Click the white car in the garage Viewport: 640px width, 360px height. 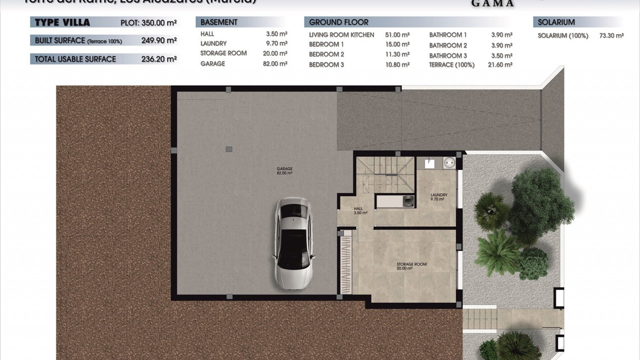tap(294, 244)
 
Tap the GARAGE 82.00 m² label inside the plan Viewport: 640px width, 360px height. tap(284, 171)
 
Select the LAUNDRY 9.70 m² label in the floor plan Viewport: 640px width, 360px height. tap(438, 197)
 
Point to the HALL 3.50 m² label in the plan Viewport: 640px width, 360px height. tap(360, 211)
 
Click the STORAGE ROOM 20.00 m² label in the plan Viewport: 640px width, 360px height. tap(411, 266)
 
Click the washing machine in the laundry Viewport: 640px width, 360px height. tap(407, 201)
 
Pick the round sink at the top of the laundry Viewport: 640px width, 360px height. tap(449, 163)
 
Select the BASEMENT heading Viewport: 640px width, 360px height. tap(219, 22)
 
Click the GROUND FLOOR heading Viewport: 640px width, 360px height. tap(339, 22)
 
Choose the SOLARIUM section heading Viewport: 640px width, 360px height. tap(556, 22)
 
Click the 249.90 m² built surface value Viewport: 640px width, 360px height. tap(159, 40)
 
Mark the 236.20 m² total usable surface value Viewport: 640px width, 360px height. tap(159, 59)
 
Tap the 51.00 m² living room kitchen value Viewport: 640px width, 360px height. tap(397, 35)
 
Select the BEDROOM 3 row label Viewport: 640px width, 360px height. tap(326, 65)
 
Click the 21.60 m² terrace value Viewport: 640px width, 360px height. tap(500, 65)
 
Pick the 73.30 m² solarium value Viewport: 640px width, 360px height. tap(611, 35)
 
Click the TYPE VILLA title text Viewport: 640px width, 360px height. tap(62, 23)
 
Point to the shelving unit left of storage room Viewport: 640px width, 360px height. tap(346, 265)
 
